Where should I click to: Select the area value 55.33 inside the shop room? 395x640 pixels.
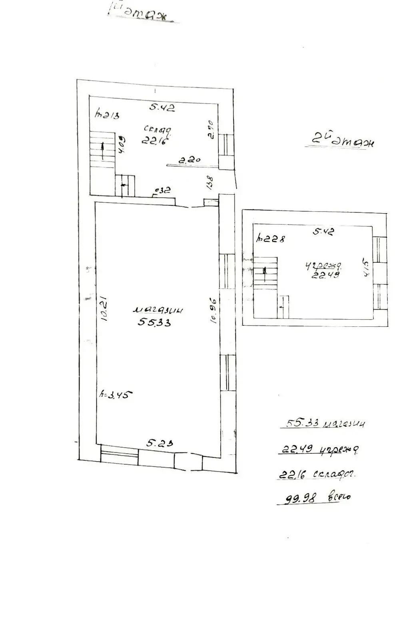[154, 322]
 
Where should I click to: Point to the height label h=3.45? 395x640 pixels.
[116, 394]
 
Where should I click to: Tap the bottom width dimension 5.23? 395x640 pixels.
[160, 443]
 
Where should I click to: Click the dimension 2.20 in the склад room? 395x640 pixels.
[190, 160]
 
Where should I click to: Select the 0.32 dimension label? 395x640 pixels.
[163, 190]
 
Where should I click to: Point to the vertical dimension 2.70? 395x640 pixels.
[211, 129]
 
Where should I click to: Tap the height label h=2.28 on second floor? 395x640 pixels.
[271, 239]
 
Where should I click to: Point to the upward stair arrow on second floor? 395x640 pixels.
[264, 274]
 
